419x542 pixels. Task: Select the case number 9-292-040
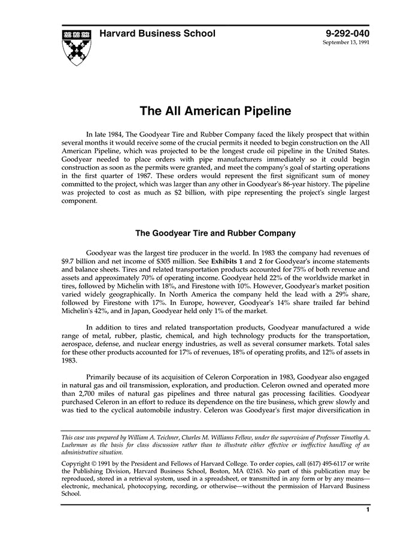click(x=348, y=34)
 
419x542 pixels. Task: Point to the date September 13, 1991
click(x=346, y=43)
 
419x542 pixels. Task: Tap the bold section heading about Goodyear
click(x=215, y=233)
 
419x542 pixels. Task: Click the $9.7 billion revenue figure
click(x=81, y=262)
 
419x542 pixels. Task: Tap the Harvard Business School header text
click(x=157, y=34)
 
